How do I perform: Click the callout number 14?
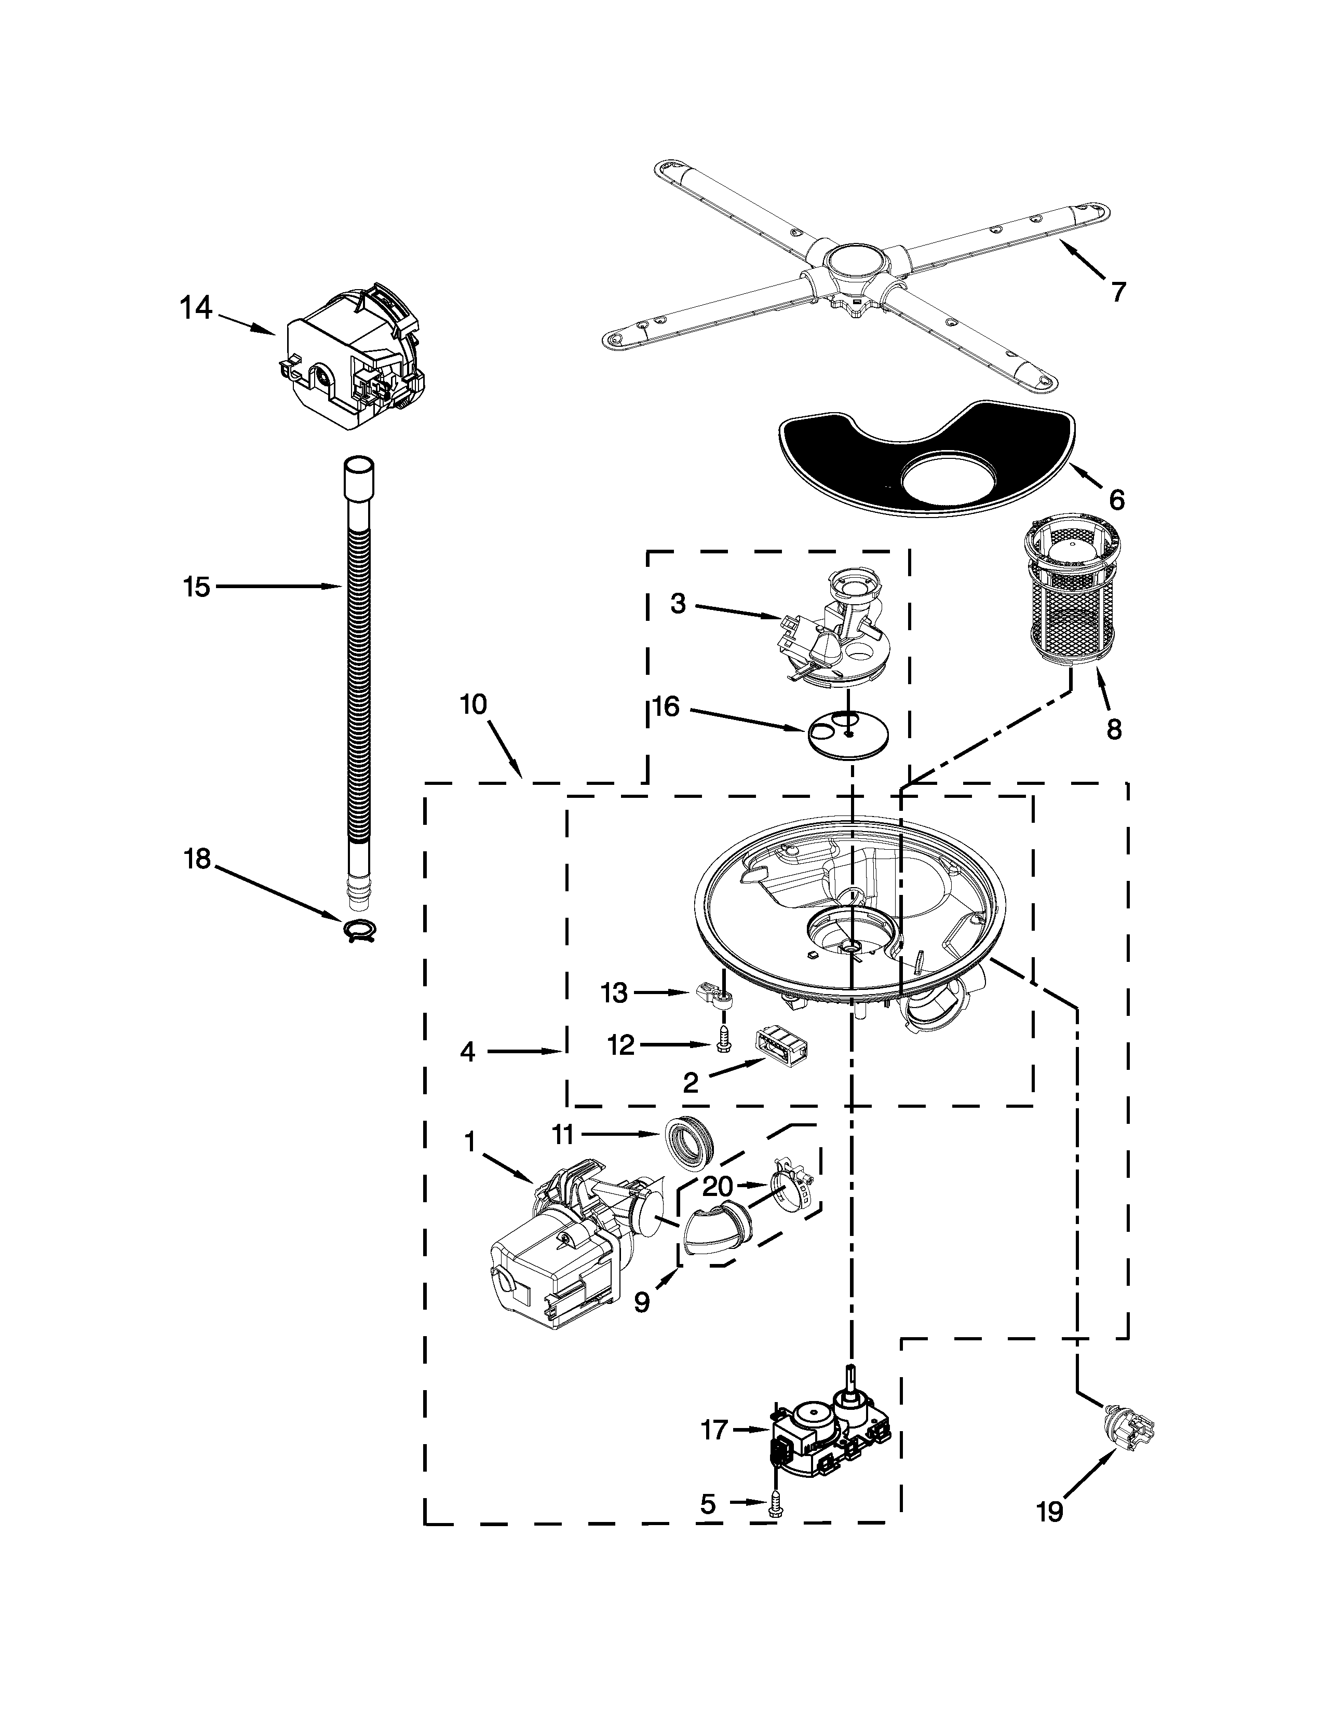coord(197,308)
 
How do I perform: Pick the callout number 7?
coord(1118,292)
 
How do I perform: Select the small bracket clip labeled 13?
coord(714,998)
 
